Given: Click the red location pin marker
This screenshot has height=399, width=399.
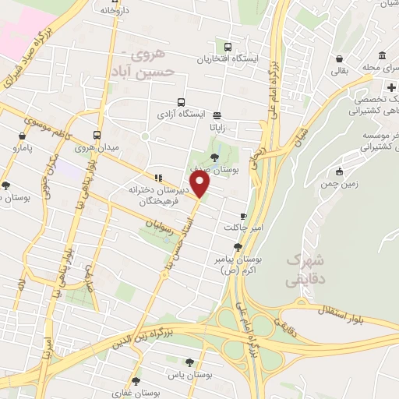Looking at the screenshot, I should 200,184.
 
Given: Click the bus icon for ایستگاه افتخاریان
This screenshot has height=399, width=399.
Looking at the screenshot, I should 228,47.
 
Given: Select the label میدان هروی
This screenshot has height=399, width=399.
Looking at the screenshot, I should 97,147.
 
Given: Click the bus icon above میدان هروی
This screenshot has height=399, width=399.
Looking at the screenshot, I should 97,134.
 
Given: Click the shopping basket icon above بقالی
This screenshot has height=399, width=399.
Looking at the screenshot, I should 339,58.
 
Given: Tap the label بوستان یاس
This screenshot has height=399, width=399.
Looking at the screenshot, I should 195,375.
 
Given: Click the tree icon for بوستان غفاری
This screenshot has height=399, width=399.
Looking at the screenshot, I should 136,381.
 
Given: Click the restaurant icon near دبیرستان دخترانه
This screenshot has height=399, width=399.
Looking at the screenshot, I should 158,177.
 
